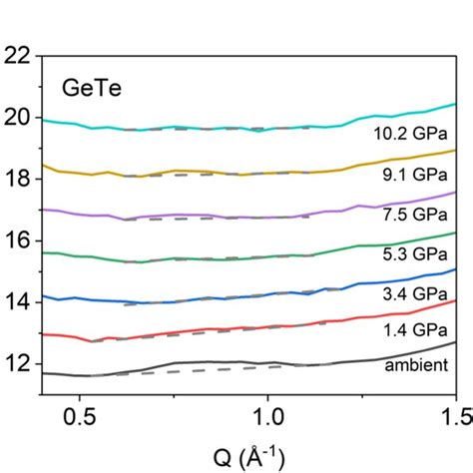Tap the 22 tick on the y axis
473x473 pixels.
18,57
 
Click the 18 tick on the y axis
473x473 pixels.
18,180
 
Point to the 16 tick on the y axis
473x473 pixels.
18,240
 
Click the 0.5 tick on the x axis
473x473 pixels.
79,415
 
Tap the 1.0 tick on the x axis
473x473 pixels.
266,415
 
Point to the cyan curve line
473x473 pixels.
200,128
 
